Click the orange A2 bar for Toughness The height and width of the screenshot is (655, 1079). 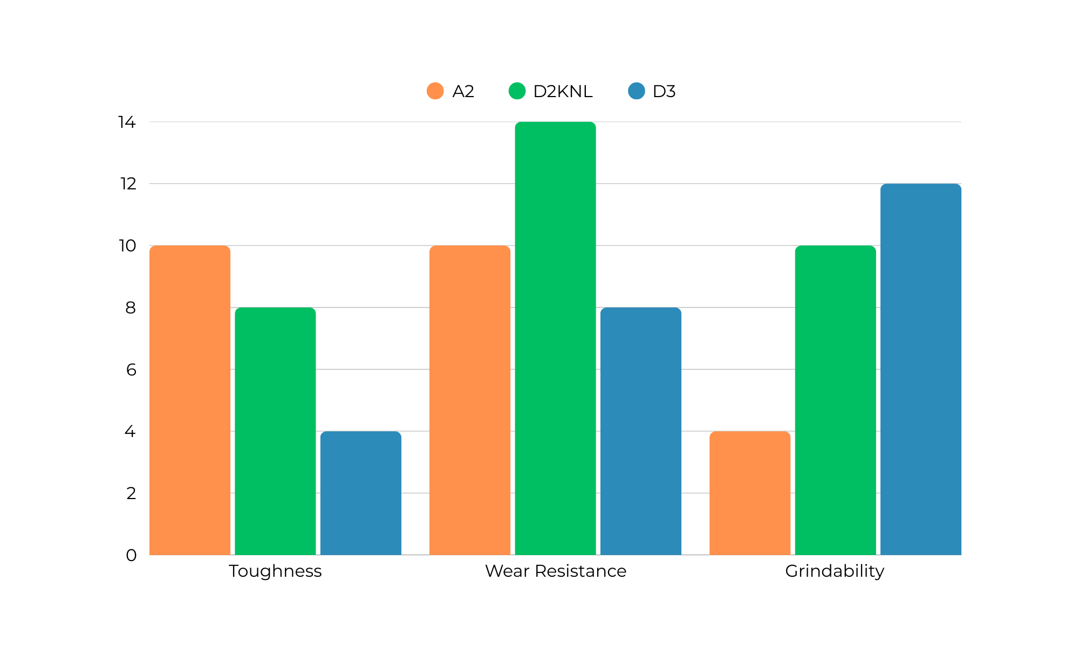tap(190, 400)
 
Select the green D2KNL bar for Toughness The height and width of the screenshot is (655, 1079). tap(275, 431)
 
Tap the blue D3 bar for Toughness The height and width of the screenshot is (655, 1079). tap(360, 493)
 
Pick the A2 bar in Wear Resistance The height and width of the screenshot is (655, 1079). tap(470, 400)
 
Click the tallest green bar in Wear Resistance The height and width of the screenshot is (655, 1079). tap(555, 338)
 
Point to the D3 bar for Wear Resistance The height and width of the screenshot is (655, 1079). tap(640, 431)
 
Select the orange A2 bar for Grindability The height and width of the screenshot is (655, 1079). tap(750, 493)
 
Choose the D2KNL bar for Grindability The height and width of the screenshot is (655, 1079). tap(835, 400)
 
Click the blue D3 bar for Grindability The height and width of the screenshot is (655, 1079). tap(920, 369)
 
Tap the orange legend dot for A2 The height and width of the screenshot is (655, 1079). tap(435, 91)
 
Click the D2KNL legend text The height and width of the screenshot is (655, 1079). tap(563, 92)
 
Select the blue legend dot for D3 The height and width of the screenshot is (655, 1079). tap(637, 91)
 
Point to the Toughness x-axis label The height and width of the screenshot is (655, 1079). tap(275, 571)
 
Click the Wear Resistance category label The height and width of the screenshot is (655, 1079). tap(556, 571)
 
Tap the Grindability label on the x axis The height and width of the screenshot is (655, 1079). tap(835, 571)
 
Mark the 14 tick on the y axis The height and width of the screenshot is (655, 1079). tap(127, 122)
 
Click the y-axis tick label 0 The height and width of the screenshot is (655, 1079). tap(131, 555)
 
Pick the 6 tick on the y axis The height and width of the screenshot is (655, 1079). tap(131, 370)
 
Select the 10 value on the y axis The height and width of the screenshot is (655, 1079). tap(127, 246)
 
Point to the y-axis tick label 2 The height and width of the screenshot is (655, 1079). tap(131, 493)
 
